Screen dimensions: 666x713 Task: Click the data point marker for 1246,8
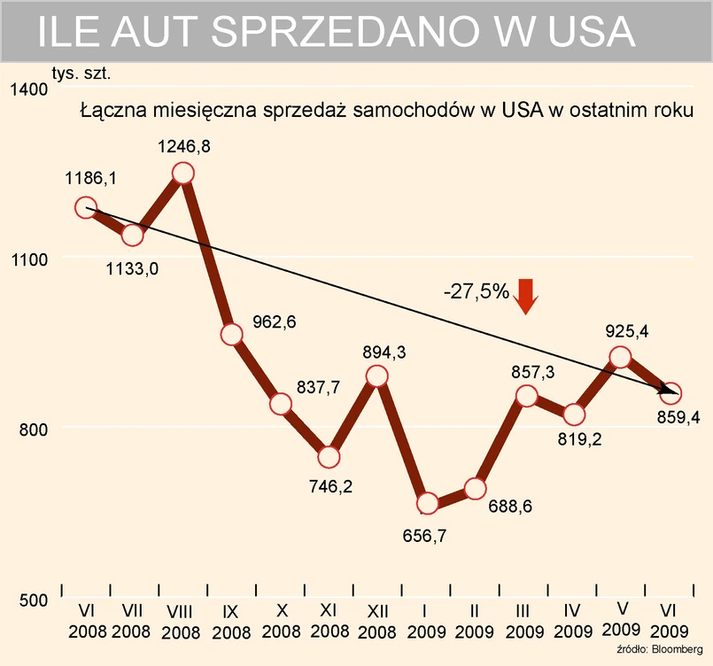[183, 173]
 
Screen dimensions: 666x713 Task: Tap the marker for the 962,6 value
[232, 334]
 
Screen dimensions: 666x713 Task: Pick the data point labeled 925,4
[620, 357]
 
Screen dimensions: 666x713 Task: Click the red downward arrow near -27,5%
[526, 295]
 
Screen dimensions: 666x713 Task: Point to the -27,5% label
[476, 290]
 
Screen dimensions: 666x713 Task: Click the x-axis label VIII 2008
[182, 620]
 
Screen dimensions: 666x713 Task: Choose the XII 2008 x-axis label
[378, 620]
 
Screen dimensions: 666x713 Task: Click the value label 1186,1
[90, 179]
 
